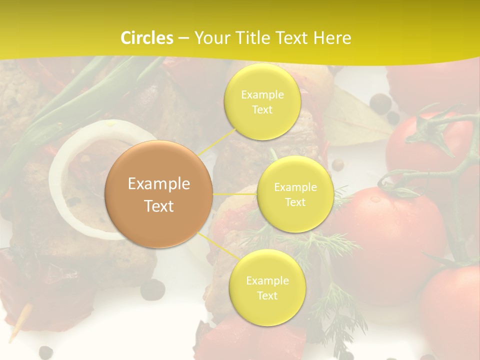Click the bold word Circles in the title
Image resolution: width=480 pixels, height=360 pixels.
click(146, 38)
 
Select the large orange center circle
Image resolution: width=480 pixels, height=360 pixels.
click(159, 194)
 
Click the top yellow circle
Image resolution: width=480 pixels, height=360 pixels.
click(262, 101)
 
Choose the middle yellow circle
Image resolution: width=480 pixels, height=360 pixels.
click(295, 194)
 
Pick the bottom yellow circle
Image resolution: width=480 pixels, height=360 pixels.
click(267, 287)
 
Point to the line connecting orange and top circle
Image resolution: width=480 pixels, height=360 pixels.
click(217, 142)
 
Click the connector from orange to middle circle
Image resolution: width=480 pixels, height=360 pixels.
click(235, 194)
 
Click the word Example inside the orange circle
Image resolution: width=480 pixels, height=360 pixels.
click(159, 184)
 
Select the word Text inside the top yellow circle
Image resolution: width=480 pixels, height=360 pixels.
click(262, 109)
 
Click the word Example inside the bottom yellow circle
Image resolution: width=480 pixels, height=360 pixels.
click(267, 280)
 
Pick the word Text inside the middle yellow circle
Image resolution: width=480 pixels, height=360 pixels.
click(295, 202)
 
